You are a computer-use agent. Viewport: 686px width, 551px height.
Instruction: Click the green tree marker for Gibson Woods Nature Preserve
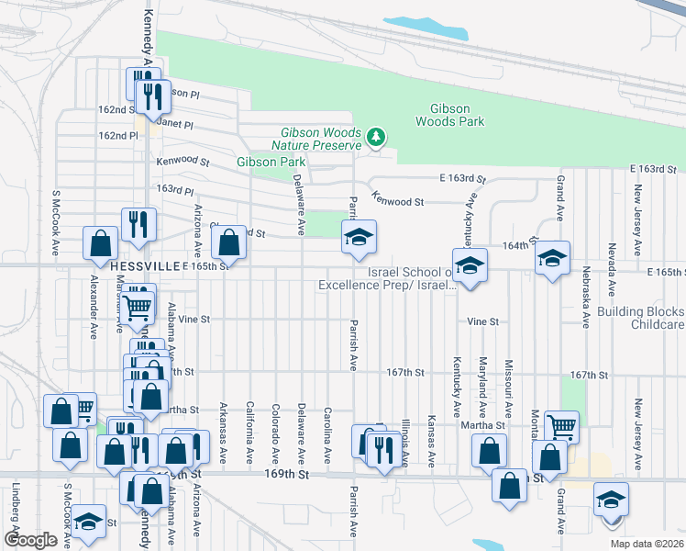(374, 138)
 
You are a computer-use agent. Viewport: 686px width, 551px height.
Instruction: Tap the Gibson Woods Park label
(449, 115)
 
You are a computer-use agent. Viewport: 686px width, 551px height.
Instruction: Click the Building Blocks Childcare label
(641, 318)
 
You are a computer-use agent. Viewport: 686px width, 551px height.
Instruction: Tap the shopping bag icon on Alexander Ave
(101, 244)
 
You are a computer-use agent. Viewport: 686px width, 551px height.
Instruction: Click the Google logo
(30, 540)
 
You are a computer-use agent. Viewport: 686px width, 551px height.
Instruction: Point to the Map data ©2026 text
(646, 544)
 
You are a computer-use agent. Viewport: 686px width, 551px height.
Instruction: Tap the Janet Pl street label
(175, 124)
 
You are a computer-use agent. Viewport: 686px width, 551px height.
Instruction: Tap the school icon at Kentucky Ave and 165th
(469, 266)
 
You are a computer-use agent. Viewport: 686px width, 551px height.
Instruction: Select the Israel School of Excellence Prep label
(388, 279)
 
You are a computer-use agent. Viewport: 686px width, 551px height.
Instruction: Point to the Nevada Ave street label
(611, 263)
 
